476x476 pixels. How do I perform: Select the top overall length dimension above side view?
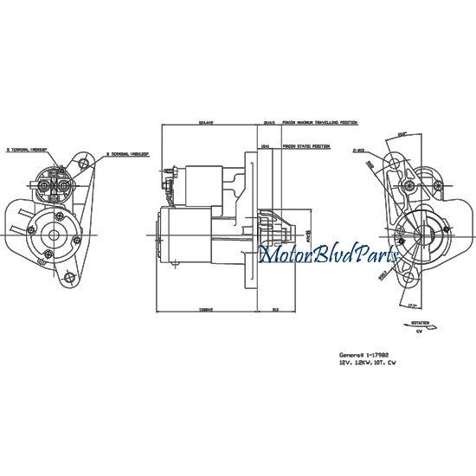click(x=206, y=124)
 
